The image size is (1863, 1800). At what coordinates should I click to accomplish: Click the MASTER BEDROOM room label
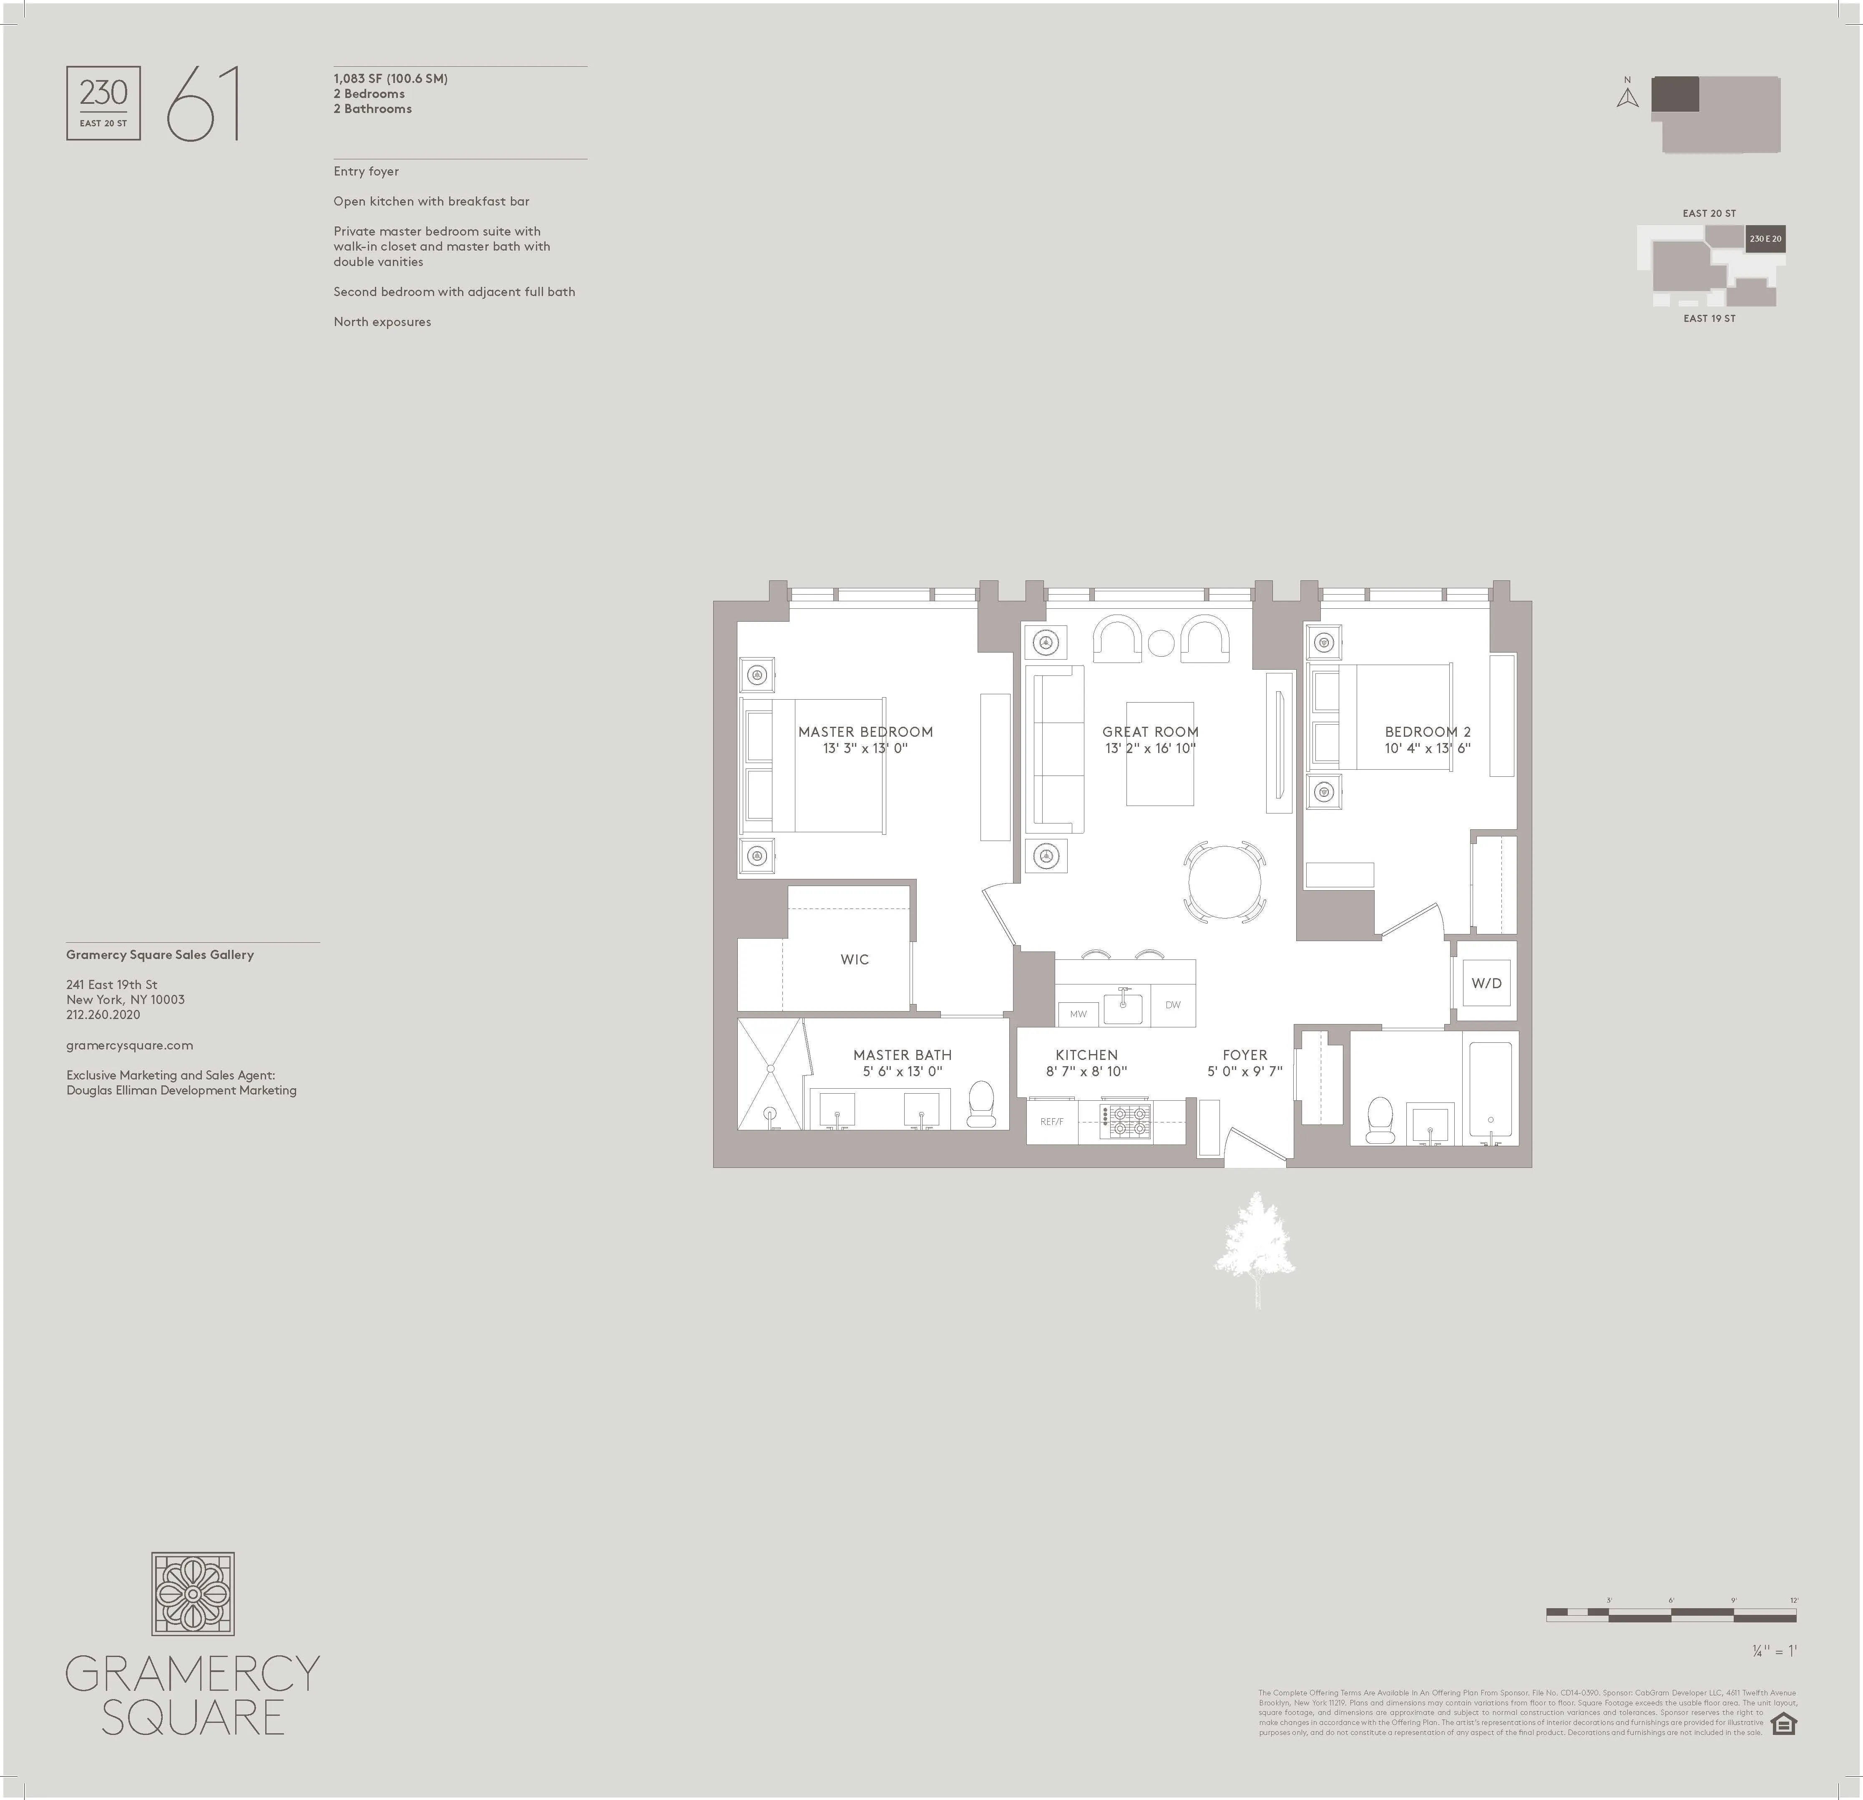point(865,732)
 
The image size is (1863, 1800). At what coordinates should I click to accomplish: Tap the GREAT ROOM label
point(1150,732)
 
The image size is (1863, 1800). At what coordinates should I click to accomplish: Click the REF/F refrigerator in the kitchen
point(1051,1122)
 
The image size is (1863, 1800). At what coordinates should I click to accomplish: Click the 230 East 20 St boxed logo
point(103,103)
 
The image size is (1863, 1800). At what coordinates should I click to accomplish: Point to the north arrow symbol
point(1627,97)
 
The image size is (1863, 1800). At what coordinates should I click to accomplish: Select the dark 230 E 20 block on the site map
point(1765,238)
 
